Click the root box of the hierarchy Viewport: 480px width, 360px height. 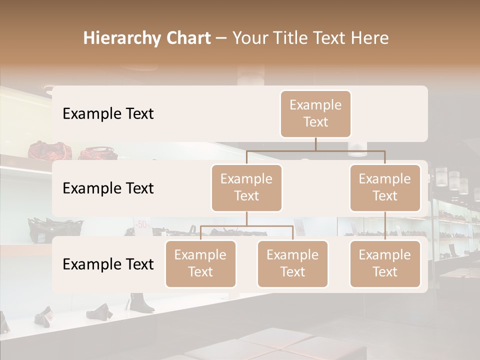point(315,114)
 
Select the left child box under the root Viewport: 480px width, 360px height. point(246,188)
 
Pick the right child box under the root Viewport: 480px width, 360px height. point(385,188)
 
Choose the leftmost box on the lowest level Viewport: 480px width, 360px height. point(200,264)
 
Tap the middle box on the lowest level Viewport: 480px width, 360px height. point(292,264)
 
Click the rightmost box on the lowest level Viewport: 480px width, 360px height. point(385,264)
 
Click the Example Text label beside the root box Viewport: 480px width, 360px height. point(108,114)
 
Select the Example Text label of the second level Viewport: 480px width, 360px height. point(108,188)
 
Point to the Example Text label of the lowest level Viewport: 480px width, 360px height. point(108,264)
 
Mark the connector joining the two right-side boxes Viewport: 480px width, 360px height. point(385,226)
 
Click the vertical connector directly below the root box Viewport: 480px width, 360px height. point(315,144)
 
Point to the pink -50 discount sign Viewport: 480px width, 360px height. point(141,224)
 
